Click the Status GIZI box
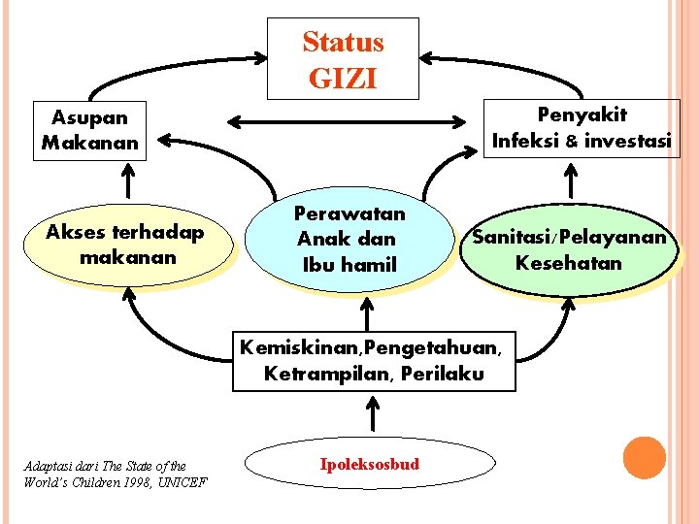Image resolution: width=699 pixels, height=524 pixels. click(x=343, y=58)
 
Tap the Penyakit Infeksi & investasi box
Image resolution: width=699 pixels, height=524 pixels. click(x=581, y=127)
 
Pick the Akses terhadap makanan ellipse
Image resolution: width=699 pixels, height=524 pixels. click(x=126, y=246)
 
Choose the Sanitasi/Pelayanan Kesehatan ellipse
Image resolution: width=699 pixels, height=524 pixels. click(x=569, y=249)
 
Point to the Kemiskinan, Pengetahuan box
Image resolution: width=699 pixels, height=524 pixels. click(x=373, y=360)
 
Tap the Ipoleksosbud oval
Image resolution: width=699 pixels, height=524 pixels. click(x=370, y=464)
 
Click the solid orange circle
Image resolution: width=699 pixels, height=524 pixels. click(x=644, y=458)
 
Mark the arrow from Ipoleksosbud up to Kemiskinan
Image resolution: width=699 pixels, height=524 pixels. click(x=374, y=415)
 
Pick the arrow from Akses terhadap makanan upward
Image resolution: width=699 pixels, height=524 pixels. click(x=126, y=181)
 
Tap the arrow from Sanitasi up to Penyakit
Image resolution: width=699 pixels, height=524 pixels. click(x=571, y=180)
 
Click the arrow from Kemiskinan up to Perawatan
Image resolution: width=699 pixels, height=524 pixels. click(x=367, y=312)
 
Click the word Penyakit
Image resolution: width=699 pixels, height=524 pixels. click(x=582, y=115)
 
